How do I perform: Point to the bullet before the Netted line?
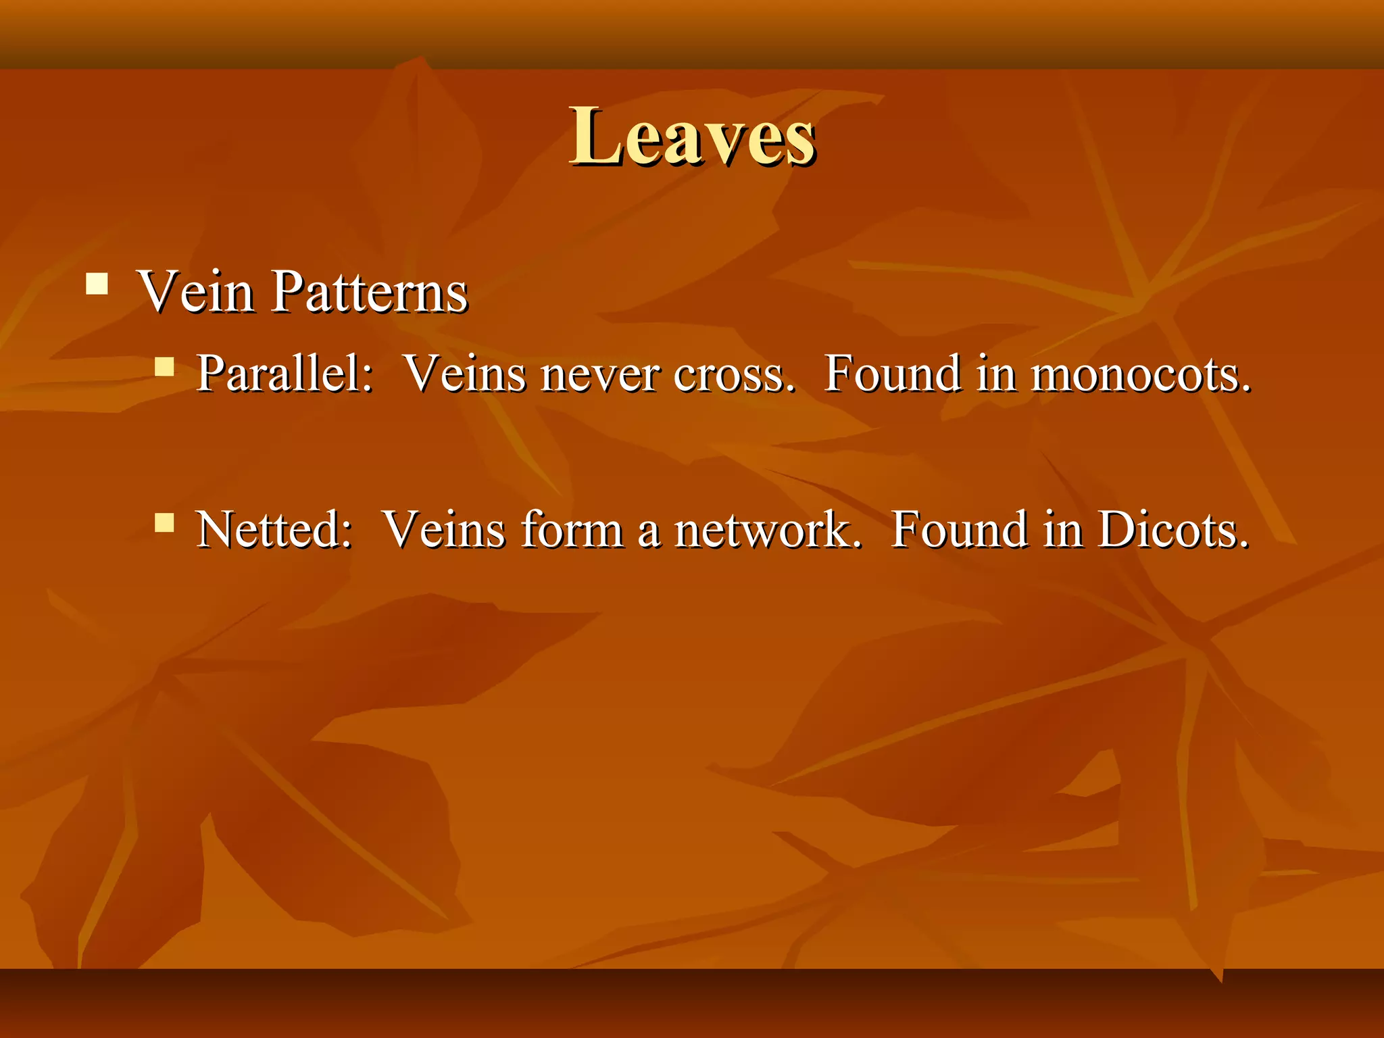tap(164, 522)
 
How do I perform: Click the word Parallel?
tap(285, 373)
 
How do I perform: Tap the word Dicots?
tap(1173, 528)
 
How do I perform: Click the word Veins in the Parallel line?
tap(465, 373)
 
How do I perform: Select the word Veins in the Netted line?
tap(444, 528)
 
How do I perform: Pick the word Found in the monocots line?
tap(893, 373)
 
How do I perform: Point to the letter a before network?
tap(648, 533)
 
